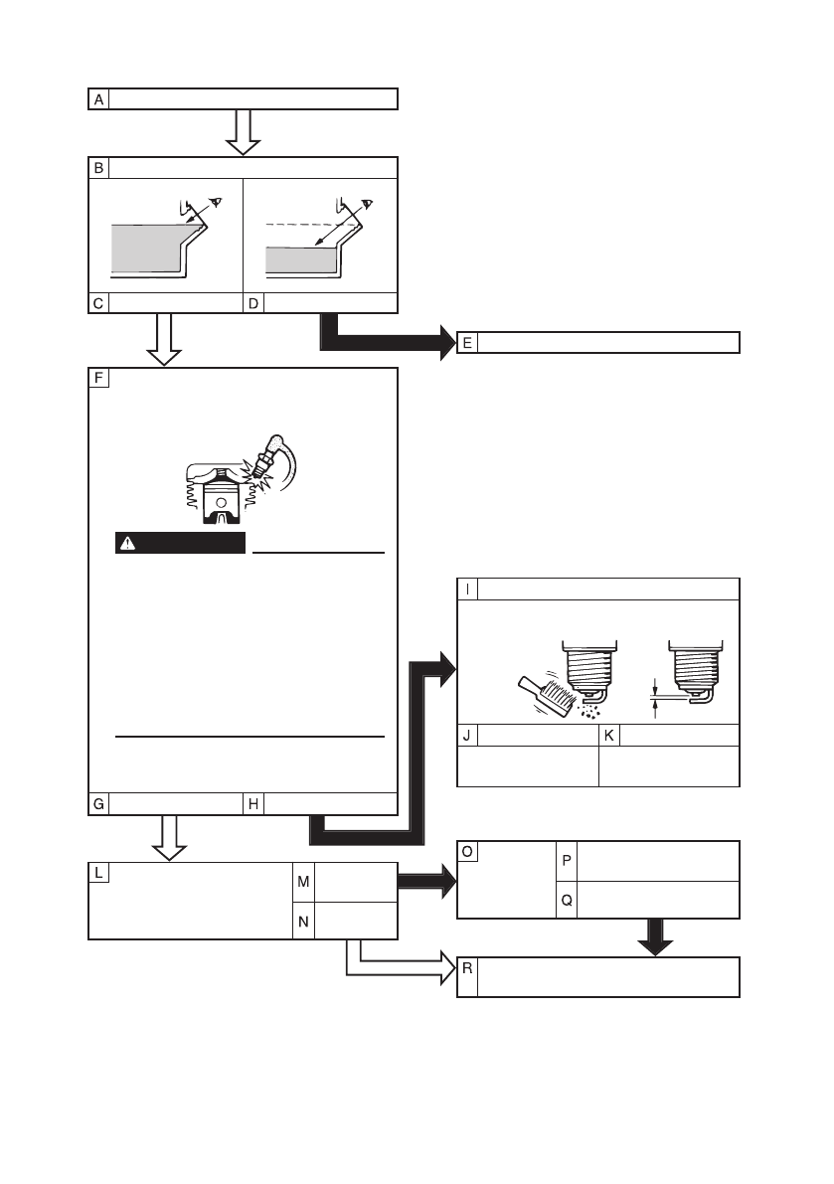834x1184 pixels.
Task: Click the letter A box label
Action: [x=98, y=98]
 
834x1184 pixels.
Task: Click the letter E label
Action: [x=467, y=342]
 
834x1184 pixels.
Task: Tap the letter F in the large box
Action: [x=99, y=378]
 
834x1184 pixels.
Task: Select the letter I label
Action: [x=467, y=588]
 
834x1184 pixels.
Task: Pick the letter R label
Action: [x=467, y=969]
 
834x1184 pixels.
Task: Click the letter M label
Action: [x=304, y=881]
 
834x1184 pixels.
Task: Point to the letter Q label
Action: [x=566, y=900]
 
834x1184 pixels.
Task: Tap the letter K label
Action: [x=609, y=736]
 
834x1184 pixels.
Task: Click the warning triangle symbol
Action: [x=128, y=543]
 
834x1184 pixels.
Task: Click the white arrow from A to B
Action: [x=243, y=131]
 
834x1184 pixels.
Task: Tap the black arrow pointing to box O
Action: [x=425, y=881]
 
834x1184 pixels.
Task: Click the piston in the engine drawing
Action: [x=216, y=498]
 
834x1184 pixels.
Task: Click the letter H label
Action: [x=253, y=805]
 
